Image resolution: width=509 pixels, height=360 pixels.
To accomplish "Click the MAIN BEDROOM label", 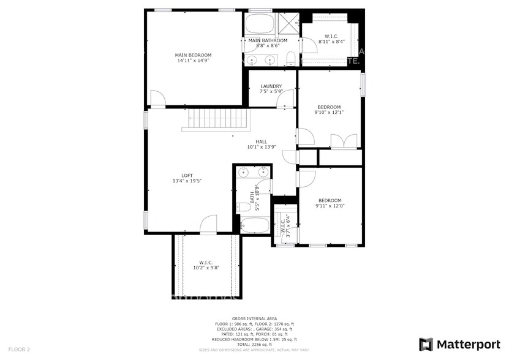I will point(194,55).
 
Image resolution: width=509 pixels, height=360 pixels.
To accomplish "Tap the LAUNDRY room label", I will point(271,86).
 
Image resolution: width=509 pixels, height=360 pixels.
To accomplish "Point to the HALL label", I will point(262,141).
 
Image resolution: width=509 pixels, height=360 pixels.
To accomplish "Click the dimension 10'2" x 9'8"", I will point(206,268).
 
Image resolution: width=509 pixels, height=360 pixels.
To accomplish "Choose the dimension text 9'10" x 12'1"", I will point(329,112).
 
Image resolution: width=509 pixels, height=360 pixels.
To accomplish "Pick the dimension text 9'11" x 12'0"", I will point(330,206).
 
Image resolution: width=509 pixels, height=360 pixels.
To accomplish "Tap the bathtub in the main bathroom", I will point(262,25).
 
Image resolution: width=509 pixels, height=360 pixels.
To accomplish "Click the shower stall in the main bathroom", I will point(290,24).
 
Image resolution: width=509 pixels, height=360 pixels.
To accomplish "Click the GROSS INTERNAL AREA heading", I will point(254,319).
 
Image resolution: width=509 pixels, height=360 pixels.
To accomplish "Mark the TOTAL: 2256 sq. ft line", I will point(254,343).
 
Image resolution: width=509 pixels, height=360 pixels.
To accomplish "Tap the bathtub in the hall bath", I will point(254,226).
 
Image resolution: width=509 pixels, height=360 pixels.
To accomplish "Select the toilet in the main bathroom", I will point(291,59).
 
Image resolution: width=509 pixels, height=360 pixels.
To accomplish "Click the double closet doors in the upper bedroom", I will point(343,141).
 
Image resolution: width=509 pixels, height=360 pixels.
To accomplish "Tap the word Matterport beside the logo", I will point(467,344).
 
